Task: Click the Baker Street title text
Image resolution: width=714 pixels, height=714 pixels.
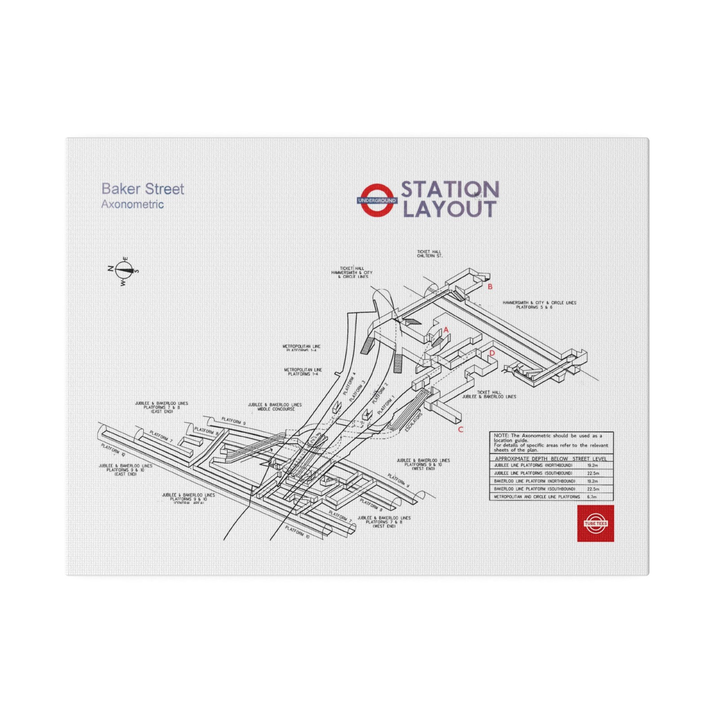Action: coord(143,189)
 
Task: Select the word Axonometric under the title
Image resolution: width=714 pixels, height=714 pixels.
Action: coord(132,204)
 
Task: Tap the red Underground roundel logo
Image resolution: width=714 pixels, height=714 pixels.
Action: coord(377,200)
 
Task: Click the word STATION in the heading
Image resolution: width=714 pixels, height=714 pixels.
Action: coord(450,189)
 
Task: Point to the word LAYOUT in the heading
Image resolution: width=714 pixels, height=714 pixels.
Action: coord(449,209)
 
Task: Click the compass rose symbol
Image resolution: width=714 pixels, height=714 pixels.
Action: coord(124,270)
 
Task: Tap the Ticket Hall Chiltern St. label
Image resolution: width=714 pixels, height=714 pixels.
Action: coord(429,254)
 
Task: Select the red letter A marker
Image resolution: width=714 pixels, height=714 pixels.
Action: coord(446,330)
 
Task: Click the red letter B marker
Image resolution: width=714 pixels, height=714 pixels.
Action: coord(490,286)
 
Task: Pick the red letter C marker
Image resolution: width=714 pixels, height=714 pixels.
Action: coord(460,429)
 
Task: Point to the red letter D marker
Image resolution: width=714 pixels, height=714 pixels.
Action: coord(492,353)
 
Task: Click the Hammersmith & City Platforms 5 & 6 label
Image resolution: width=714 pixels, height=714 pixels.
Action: coord(539,305)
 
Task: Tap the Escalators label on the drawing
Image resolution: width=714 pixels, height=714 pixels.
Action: coord(414,423)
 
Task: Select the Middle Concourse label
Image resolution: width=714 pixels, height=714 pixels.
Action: coord(275,407)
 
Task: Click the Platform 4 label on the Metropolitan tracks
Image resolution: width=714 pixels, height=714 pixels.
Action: coord(349,384)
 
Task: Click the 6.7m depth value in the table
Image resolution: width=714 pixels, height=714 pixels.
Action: coord(592,497)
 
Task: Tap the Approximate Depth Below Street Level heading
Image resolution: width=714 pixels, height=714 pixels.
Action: coord(551,459)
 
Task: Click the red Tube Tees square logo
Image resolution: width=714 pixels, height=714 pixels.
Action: coord(595,523)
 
